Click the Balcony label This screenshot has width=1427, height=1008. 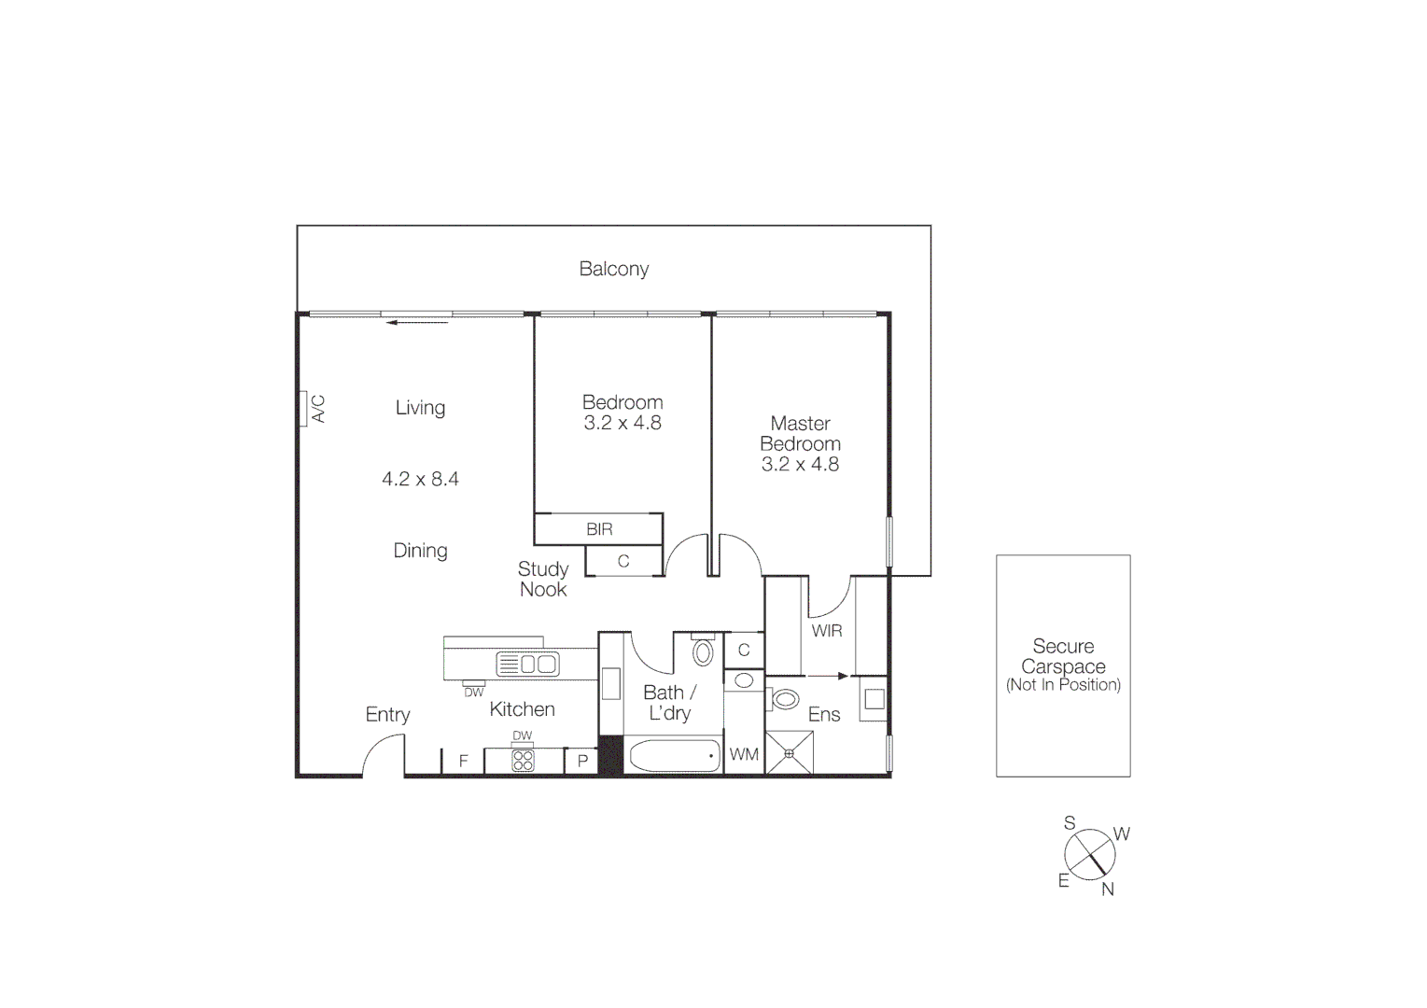click(613, 269)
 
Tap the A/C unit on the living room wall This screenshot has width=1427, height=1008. click(303, 409)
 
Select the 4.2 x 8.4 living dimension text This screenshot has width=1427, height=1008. click(420, 479)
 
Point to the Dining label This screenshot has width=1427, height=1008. click(420, 551)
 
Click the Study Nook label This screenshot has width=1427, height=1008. click(543, 579)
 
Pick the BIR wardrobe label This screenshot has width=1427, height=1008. click(599, 529)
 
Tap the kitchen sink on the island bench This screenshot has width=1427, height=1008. click(527, 665)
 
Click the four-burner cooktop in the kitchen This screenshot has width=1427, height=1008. click(523, 760)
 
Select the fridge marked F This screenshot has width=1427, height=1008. click(463, 761)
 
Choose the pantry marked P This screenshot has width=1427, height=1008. click(582, 761)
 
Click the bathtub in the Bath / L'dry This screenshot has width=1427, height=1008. click(674, 756)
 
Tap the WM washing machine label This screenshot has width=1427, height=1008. click(744, 754)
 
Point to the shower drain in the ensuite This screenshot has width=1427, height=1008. click(789, 753)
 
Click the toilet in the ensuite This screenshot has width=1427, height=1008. click(784, 698)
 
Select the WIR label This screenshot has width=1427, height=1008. click(827, 631)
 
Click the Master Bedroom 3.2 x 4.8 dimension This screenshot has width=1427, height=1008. click(800, 465)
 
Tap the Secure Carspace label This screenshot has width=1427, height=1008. click(1063, 656)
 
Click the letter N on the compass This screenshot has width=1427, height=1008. click(1108, 889)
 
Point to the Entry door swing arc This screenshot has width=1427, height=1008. click(381, 746)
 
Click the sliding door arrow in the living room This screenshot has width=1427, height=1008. click(417, 323)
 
